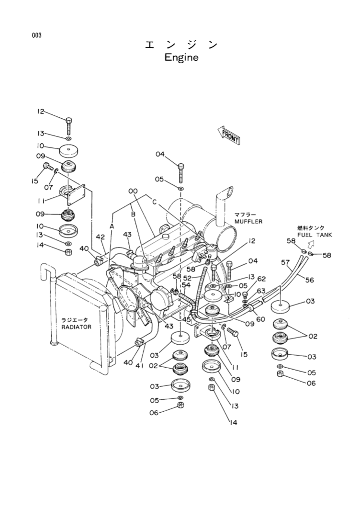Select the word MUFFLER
coord(248,222)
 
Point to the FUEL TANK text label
coord(314,235)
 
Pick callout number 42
coord(100,237)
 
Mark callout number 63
coord(261,290)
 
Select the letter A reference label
coord(112,225)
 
